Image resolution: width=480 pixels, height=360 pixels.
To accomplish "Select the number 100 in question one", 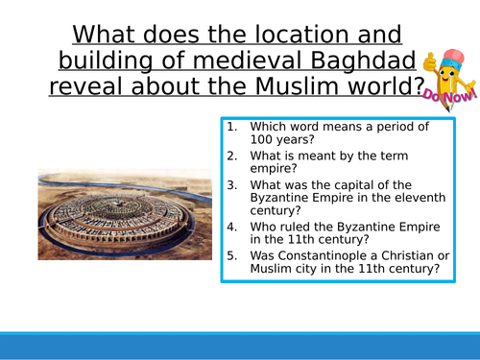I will coord(266,142).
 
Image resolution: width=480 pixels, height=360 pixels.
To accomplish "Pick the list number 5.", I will coord(230,255).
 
